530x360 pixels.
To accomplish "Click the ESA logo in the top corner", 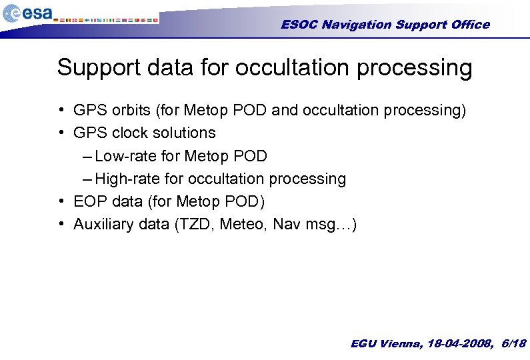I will click(27, 13).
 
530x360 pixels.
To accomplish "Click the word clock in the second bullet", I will click(127, 133).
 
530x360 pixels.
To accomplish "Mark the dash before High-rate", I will click(89, 179).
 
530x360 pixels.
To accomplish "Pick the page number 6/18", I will click(513, 344).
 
